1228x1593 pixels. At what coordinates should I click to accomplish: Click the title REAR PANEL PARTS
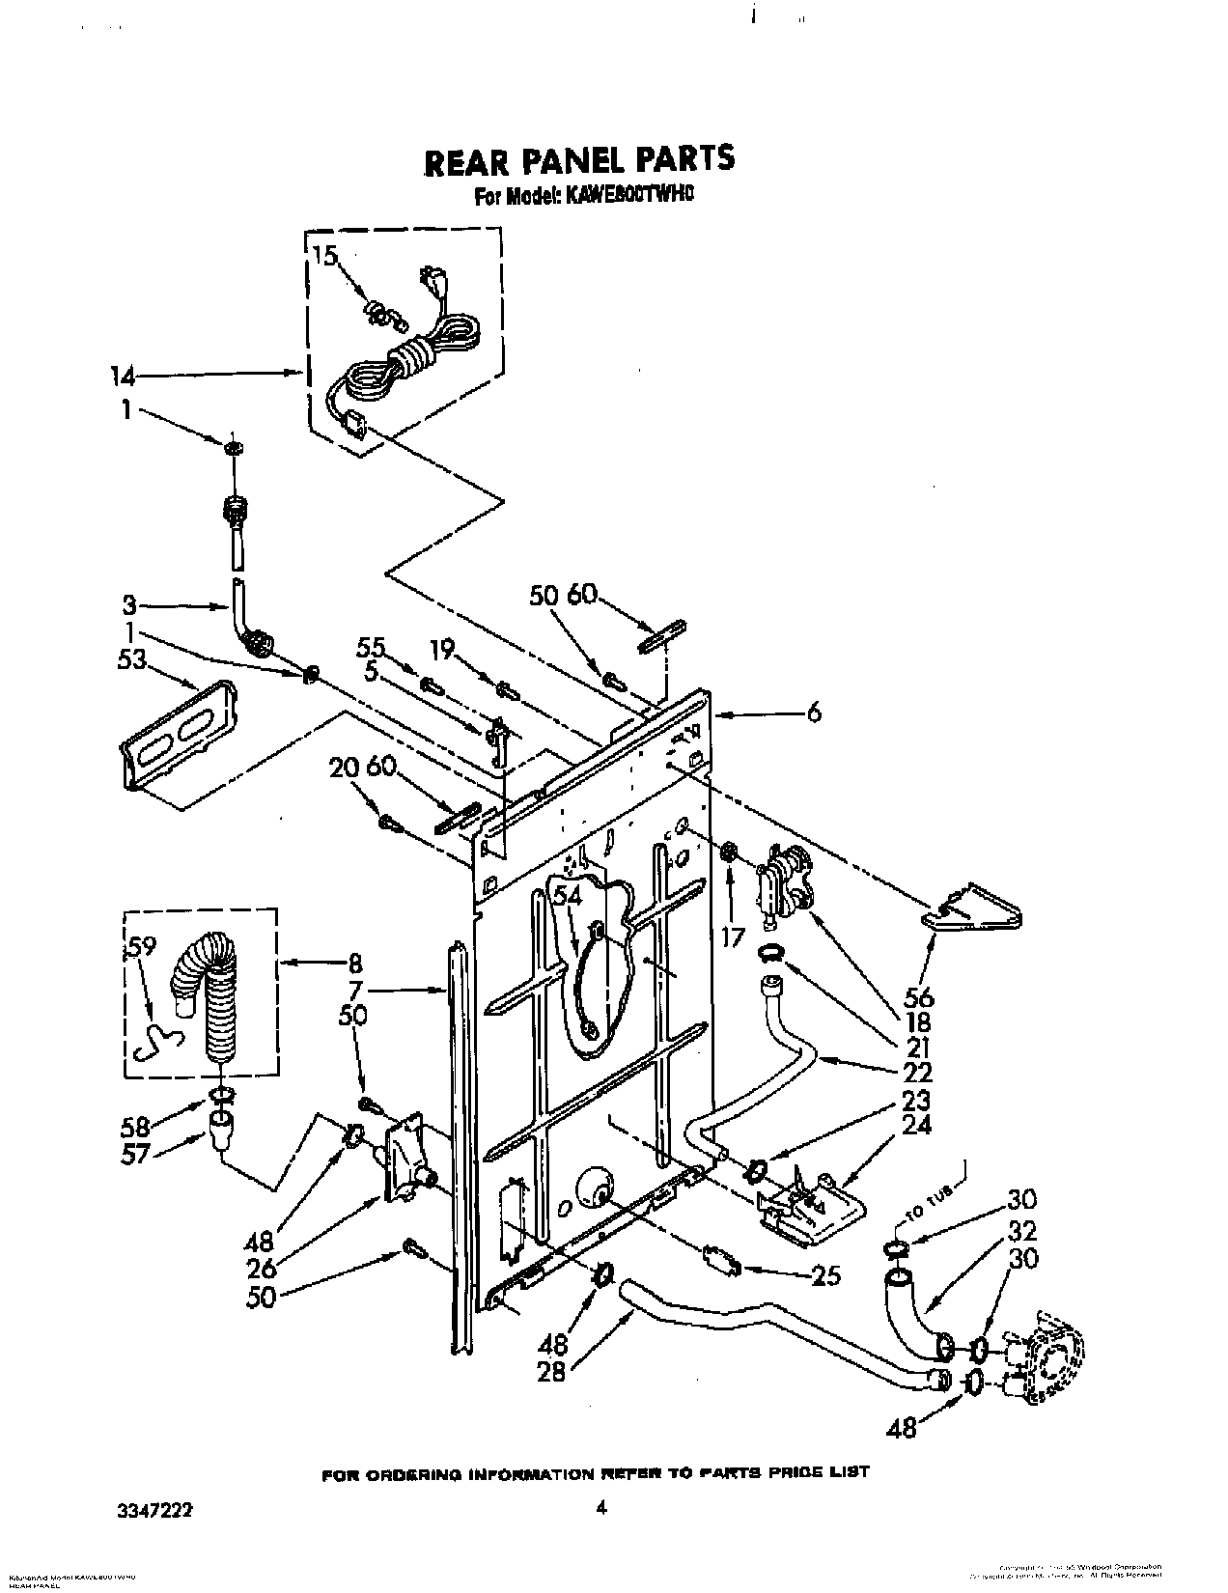click(579, 160)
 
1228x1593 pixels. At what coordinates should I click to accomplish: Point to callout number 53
click(132, 659)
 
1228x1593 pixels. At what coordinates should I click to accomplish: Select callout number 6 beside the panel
click(815, 713)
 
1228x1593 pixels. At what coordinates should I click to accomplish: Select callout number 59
click(140, 949)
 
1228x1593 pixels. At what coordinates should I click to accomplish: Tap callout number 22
click(917, 1072)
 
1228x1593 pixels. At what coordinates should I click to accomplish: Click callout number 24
click(917, 1125)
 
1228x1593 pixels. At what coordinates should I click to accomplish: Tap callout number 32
click(1021, 1231)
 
